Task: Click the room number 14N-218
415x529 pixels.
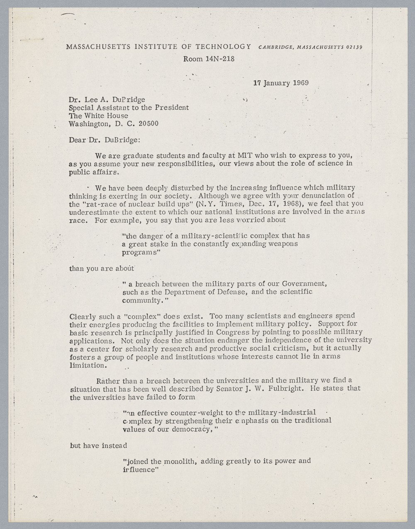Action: (x=220, y=59)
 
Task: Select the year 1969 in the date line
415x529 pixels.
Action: (x=300, y=82)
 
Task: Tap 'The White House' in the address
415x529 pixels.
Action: (x=98, y=116)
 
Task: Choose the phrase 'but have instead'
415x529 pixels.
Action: (x=98, y=446)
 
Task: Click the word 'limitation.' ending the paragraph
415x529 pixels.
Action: (x=88, y=365)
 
